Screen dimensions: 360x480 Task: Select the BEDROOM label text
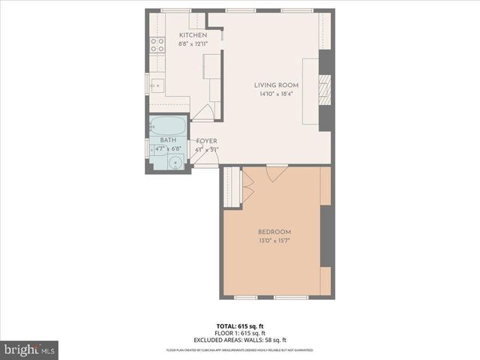274,232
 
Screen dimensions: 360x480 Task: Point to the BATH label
167,140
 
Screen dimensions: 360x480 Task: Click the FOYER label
206,141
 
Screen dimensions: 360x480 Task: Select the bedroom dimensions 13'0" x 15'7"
274,241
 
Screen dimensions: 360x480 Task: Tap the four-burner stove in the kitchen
157,45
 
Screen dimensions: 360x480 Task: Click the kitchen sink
157,85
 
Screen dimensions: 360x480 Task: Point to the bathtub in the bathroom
168,125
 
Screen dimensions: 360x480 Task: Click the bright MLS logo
29,349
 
